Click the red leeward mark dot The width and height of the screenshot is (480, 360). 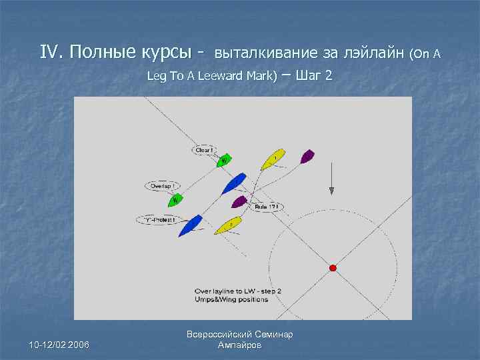tap(333, 268)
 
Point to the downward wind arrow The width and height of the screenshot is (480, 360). tap(331, 179)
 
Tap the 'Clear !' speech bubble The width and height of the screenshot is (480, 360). tap(204, 150)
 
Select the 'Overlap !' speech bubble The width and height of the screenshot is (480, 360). tap(161, 186)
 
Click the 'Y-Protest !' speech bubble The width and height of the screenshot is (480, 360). tap(159, 219)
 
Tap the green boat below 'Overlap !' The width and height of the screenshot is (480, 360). tap(176, 198)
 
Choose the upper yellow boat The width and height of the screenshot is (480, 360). tap(272, 159)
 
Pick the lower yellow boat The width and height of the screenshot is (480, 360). tap(229, 224)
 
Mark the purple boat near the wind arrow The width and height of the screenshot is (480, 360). tap(307, 157)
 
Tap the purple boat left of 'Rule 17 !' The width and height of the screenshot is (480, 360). tap(239, 201)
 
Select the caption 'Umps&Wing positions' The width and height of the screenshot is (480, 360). tap(231, 299)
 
